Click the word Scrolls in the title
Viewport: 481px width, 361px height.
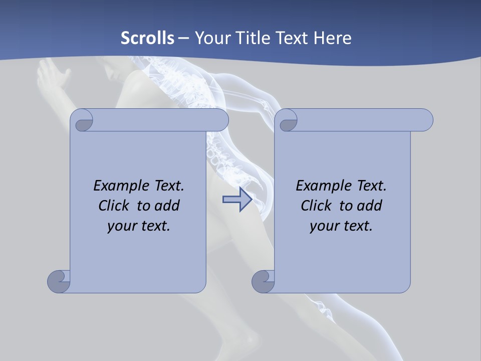pyautogui.click(x=148, y=38)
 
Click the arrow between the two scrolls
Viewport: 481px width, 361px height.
pyautogui.click(x=237, y=200)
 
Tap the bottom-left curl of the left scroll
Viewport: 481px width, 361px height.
pyautogui.click(x=59, y=281)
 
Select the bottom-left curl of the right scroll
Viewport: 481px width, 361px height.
pyautogui.click(x=263, y=281)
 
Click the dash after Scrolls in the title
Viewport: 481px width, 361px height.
pyautogui.click(x=183, y=38)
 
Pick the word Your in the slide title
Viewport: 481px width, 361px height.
pyautogui.click(x=210, y=38)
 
